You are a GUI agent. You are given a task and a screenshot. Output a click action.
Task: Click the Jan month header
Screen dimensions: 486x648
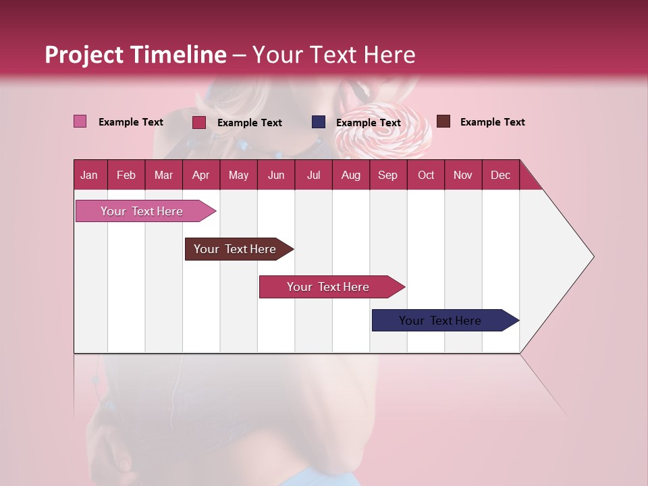tap(89, 175)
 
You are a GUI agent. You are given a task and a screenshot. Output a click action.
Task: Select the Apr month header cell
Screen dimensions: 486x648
tap(200, 175)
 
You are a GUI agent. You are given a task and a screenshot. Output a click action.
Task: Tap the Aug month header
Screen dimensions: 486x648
tap(350, 175)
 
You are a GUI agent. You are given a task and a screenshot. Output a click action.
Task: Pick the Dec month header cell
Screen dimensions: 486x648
tap(500, 175)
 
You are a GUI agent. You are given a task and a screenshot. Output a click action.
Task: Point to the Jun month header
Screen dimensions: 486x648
tap(275, 175)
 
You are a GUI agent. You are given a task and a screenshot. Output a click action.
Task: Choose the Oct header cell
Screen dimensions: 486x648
tap(425, 175)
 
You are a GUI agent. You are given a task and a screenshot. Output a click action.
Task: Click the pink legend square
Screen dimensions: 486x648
tap(80, 122)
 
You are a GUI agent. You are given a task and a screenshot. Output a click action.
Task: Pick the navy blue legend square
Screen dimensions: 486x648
tap(319, 122)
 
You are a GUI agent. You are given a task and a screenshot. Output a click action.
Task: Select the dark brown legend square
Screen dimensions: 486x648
tap(443, 122)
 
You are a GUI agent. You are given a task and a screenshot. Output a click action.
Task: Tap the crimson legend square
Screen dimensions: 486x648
tap(199, 122)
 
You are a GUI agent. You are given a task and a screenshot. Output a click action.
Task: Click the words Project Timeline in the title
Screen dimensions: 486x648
tap(135, 55)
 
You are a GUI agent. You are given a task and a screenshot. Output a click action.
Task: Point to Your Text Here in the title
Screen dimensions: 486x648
tap(333, 55)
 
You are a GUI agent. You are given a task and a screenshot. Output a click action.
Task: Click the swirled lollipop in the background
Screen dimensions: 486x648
tap(383, 132)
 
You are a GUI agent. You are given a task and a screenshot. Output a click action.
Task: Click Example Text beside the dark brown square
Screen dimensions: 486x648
tap(492, 122)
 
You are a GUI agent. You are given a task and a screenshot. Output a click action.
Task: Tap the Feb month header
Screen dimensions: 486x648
tap(126, 175)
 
